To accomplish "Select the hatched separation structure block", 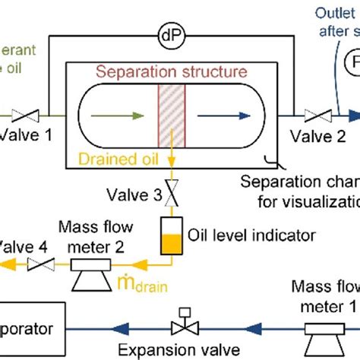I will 169,116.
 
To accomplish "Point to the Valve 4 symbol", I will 38,264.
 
